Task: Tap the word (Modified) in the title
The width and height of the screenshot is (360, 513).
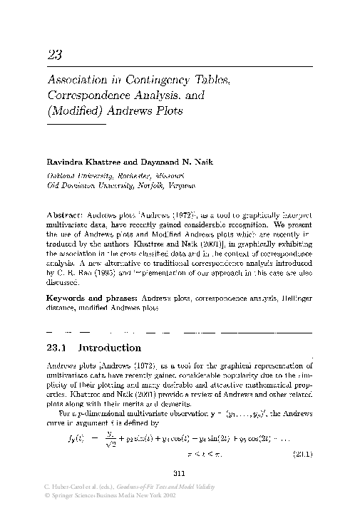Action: pos(72,111)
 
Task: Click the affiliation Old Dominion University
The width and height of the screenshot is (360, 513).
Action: pos(83,185)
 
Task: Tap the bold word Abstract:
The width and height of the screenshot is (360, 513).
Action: pos(64,214)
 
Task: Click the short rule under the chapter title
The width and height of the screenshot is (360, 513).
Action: pos(76,125)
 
